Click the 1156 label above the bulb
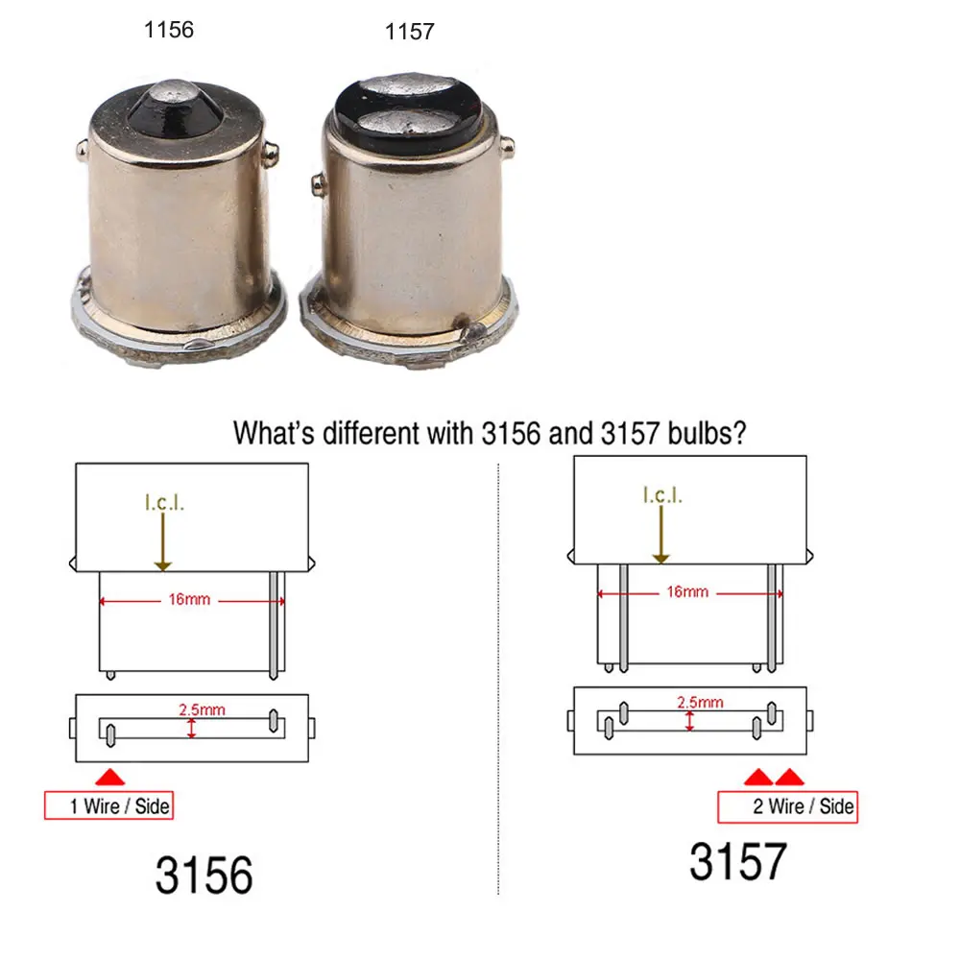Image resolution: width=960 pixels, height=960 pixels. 168,30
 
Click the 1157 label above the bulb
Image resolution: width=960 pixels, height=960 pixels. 410,32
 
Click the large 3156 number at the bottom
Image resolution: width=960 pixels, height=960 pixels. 204,875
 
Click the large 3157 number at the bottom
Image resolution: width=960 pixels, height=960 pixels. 738,861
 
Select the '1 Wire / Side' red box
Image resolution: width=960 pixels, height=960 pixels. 109,805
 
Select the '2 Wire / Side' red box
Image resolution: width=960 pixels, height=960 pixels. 787,807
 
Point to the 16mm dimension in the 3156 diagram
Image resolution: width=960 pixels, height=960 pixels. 189,599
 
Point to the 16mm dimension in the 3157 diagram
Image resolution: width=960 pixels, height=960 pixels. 687,592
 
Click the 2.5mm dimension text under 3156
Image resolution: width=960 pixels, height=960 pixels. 202,709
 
